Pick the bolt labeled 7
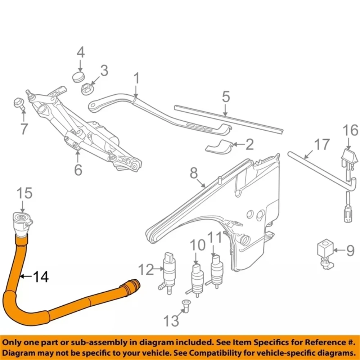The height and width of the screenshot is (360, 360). [x=19, y=104]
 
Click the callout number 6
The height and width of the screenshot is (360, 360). [x=78, y=169]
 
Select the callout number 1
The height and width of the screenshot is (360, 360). [x=136, y=79]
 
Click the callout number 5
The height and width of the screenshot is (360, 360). [x=226, y=97]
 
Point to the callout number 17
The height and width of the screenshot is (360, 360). [x=321, y=145]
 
